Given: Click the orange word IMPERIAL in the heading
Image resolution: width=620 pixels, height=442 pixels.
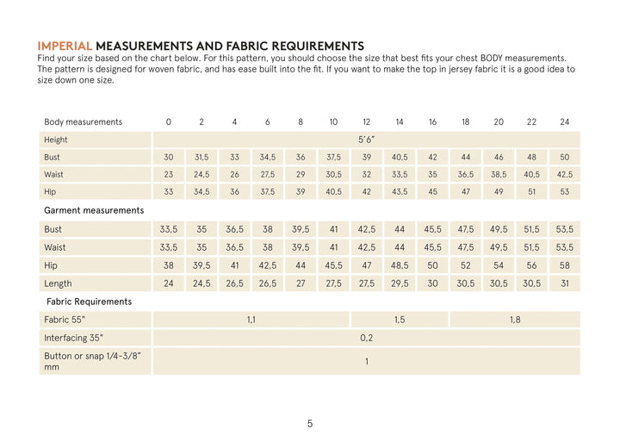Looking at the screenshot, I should point(65,46).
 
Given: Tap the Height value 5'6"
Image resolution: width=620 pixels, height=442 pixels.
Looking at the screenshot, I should point(366,140).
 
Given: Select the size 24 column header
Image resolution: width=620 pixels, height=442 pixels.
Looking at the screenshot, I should point(564,122).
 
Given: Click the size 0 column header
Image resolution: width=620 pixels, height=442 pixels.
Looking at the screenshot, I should point(169,122).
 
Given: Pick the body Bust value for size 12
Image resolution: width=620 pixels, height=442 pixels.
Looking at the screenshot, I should point(366,158).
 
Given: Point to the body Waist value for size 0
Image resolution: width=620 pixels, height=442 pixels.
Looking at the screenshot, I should point(169,175).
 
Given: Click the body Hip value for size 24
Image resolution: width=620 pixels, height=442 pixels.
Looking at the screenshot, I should point(564,192).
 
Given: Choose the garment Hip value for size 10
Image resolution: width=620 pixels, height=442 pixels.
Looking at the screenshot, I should point(333,265).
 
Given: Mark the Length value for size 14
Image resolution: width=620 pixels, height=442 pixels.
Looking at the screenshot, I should point(400,283).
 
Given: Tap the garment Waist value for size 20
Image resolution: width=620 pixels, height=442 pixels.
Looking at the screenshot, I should point(499,247).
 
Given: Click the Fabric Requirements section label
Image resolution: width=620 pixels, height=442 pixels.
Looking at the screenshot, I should point(89,302).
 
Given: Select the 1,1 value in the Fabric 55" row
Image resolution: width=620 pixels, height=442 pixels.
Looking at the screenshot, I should point(251,320).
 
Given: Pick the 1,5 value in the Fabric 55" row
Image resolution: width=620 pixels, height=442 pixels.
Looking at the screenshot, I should point(400,320).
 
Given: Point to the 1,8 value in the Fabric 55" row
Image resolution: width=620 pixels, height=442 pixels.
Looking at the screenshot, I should point(515,320).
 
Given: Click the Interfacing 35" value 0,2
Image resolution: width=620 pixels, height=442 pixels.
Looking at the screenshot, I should point(366,338).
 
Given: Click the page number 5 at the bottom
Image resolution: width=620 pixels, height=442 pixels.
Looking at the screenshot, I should point(310,423).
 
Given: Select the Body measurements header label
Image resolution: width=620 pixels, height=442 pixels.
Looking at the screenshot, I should point(83,122).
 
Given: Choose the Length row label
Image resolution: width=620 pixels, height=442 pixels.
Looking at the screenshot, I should point(58,283).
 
